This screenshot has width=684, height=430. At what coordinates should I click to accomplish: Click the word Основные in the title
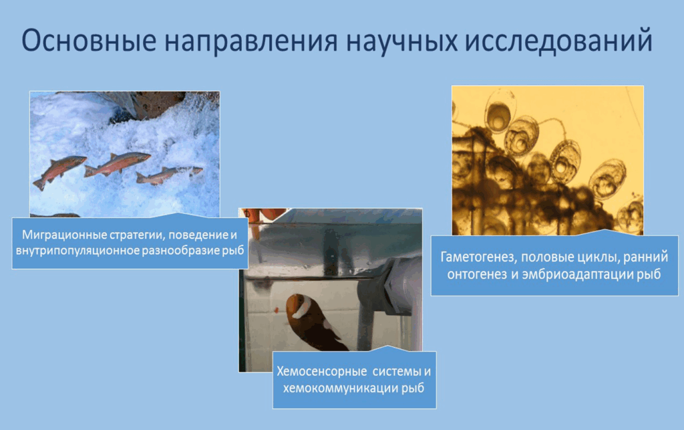(89, 40)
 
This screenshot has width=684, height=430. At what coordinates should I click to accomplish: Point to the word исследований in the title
(559, 41)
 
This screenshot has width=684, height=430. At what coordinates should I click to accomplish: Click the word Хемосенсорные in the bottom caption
(321, 372)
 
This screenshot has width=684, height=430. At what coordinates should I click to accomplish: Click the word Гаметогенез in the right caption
(478, 257)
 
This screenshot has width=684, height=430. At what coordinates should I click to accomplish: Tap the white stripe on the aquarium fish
(302, 308)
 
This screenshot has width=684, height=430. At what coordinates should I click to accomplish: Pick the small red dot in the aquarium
(277, 310)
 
